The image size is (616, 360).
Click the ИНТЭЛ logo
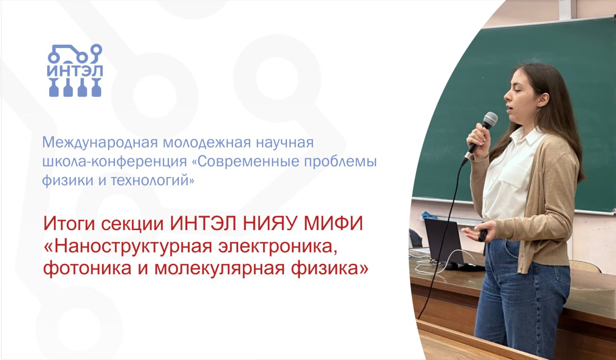[75, 70]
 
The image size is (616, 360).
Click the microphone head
[490, 119]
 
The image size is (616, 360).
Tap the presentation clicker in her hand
[483, 235]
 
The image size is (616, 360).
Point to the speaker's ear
[543, 100]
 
